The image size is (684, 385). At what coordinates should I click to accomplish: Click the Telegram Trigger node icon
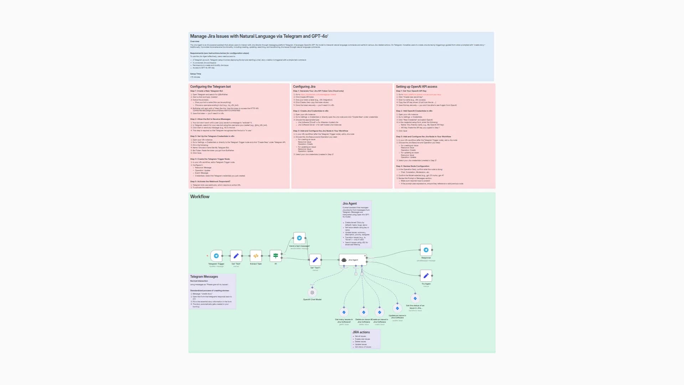pyautogui.click(x=216, y=256)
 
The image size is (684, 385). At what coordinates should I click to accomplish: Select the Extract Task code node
pyautogui.click(x=256, y=256)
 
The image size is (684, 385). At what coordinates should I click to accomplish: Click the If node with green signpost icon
pyautogui.click(x=275, y=256)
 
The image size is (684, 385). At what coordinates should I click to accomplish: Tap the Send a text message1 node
pyautogui.click(x=299, y=238)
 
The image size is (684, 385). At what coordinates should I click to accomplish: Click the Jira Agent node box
pyautogui.click(x=353, y=260)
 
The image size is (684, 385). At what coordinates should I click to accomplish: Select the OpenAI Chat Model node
pyautogui.click(x=312, y=293)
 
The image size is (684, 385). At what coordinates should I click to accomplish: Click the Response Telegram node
pyautogui.click(x=426, y=250)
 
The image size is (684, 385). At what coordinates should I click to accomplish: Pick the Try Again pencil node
pyautogui.click(x=426, y=276)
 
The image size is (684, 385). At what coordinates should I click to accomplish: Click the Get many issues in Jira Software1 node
pyautogui.click(x=344, y=312)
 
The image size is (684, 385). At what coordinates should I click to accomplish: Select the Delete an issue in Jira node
pyautogui.click(x=363, y=312)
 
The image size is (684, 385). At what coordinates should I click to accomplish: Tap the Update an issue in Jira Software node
pyautogui.click(x=397, y=308)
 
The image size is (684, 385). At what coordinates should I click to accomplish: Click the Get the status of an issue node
pyautogui.click(x=415, y=298)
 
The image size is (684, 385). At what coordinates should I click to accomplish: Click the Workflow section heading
pyautogui.click(x=199, y=196)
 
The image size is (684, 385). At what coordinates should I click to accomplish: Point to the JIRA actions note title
pyautogui.click(x=361, y=332)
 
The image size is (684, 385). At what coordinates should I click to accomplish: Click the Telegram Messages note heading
pyautogui.click(x=204, y=277)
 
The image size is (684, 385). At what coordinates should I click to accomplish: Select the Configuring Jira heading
pyautogui.click(x=304, y=87)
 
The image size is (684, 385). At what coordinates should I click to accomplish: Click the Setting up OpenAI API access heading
pyautogui.click(x=416, y=87)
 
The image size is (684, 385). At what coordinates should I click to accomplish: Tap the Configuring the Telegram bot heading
pyautogui.click(x=210, y=87)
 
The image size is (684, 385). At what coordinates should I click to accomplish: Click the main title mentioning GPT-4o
pyautogui.click(x=259, y=36)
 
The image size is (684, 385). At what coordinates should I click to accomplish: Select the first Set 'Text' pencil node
pyautogui.click(x=236, y=256)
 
